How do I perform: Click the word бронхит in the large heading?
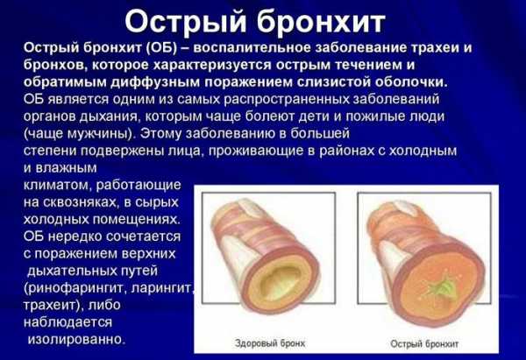(322, 22)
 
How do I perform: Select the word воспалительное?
(252, 48)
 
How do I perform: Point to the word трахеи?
(436, 48)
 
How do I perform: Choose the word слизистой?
(333, 82)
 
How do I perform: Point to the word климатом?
(57, 185)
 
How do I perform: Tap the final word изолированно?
(76, 339)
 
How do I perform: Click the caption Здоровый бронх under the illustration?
(270, 343)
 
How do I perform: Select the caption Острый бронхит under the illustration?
(424, 344)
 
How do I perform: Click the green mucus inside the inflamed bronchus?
(444, 288)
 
